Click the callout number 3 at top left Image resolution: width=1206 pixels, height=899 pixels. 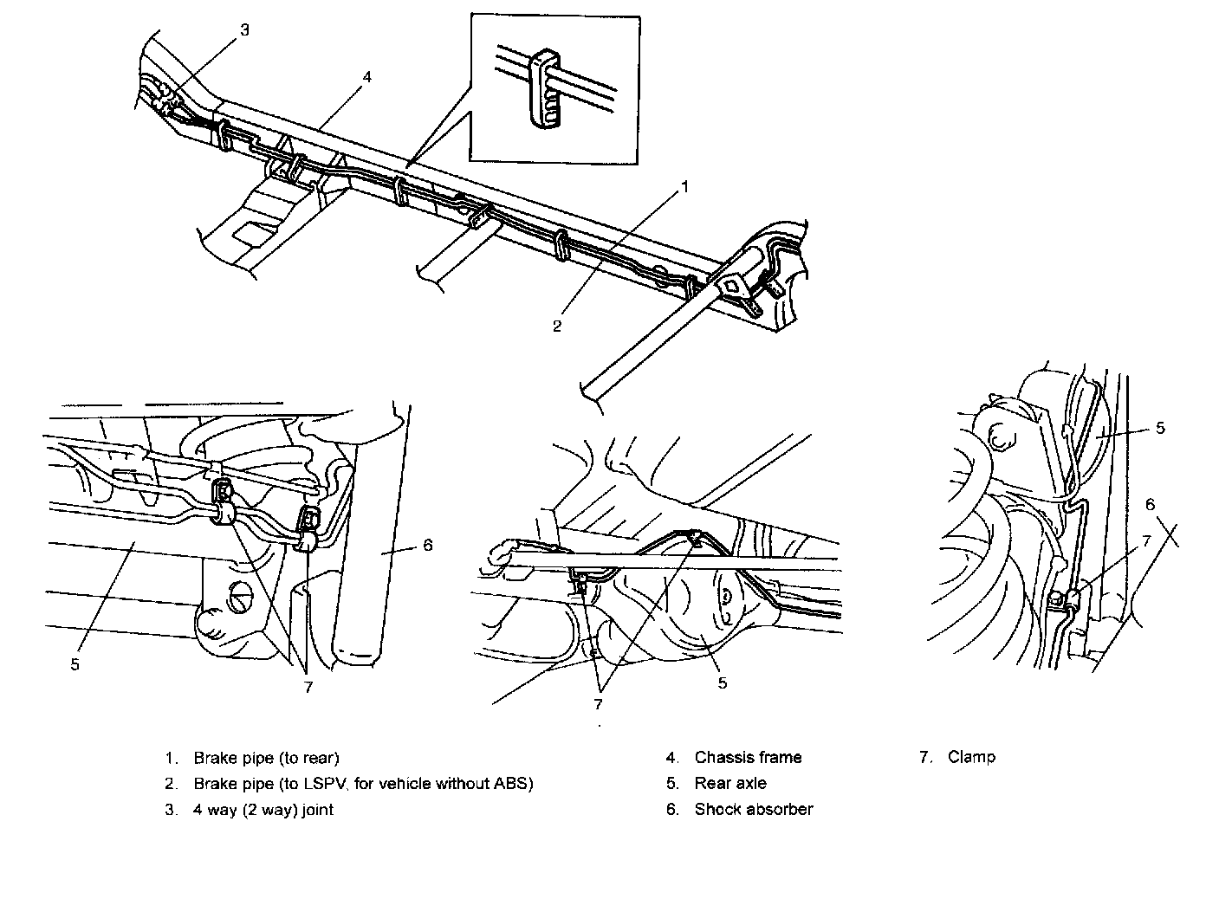pyautogui.click(x=244, y=30)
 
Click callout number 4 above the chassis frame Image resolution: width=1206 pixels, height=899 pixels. pyautogui.click(x=367, y=76)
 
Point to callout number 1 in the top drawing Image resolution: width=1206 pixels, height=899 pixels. pyautogui.click(x=684, y=186)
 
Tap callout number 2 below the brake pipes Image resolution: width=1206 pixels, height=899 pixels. pyautogui.click(x=557, y=326)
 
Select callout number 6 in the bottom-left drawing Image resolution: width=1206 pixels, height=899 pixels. pyautogui.click(x=428, y=545)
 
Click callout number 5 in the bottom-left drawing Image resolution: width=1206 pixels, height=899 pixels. pyautogui.click(x=75, y=664)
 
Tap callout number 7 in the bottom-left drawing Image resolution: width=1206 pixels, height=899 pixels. pyautogui.click(x=308, y=686)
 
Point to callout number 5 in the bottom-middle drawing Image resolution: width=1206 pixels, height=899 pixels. pyautogui.click(x=722, y=682)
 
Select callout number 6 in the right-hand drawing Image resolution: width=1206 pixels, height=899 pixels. pyautogui.click(x=1150, y=504)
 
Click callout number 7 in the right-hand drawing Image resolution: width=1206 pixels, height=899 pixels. pyautogui.click(x=1145, y=541)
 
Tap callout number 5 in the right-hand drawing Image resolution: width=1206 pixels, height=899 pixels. pyautogui.click(x=1160, y=428)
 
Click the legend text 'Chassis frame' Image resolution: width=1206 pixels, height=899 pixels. pyautogui.click(x=748, y=758)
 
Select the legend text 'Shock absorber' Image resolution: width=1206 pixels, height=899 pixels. pyautogui.click(x=754, y=810)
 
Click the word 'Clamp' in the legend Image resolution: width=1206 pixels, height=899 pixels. pyautogui.click(x=971, y=757)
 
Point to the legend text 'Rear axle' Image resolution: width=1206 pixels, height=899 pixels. pyautogui.click(x=730, y=784)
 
